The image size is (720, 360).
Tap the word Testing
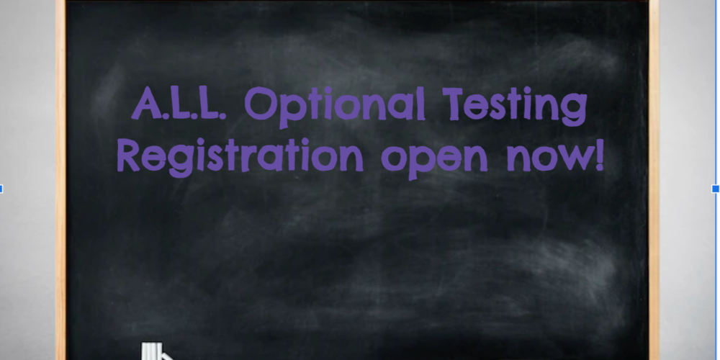514,106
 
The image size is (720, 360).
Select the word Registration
240,157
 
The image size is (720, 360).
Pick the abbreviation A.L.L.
179,104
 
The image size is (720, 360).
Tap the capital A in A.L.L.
146,104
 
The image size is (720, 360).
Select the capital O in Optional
261,104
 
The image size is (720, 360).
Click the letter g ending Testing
574,110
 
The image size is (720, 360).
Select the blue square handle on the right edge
716,189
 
